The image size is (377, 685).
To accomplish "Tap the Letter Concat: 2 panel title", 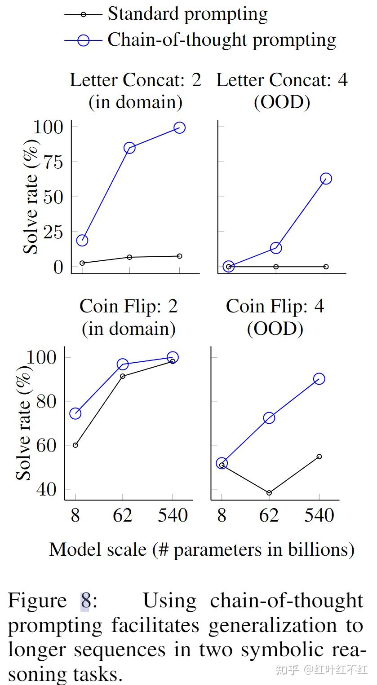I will click(135, 91).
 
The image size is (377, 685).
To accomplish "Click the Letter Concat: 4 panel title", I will click(282, 91).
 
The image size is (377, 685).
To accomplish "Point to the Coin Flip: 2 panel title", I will click(129, 317).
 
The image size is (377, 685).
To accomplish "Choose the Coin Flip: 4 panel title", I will click(275, 317).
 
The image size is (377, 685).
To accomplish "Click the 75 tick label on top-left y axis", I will click(50, 162).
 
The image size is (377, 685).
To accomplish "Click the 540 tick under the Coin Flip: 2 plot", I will click(173, 515).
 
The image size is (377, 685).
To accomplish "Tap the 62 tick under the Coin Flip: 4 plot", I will click(269, 515).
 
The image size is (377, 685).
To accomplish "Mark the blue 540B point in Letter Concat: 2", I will click(179, 128).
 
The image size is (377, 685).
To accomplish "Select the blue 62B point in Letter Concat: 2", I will click(129, 148).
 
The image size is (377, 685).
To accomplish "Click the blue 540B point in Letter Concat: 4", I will click(326, 179).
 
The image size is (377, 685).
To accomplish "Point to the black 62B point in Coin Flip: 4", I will click(269, 493).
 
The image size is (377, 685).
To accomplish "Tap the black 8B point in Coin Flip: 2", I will click(75, 445).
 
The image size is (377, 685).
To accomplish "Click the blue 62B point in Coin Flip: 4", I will click(269, 418).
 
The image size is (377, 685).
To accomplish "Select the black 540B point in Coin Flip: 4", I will click(319, 457).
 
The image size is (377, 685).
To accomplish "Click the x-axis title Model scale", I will click(201, 549).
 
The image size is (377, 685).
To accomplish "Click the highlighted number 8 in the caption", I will click(85, 601).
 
